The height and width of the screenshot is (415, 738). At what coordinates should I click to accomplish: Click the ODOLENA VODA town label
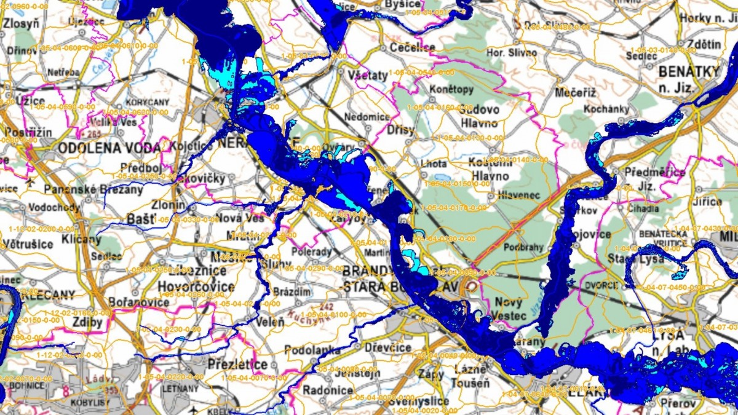pyautogui.click(x=109, y=148)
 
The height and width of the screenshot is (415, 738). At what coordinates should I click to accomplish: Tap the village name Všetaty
pyautogui.click(x=368, y=75)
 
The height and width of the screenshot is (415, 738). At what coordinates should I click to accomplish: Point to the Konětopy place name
pyautogui.click(x=452, y=90)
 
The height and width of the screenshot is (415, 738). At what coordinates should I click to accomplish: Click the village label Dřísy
pyautogui.click(x=400, y=130)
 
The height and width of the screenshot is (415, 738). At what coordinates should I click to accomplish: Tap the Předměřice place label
pyautogui.click(x=654, y=172)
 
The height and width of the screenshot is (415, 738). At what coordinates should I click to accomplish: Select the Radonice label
pyautogui.click(x=328, y=390)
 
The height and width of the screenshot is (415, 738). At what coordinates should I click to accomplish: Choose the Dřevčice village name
pyautogui.click(x=387, y=348)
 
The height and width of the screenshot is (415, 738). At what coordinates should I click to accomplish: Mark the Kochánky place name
pyautogui.click(x=608, y=109)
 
